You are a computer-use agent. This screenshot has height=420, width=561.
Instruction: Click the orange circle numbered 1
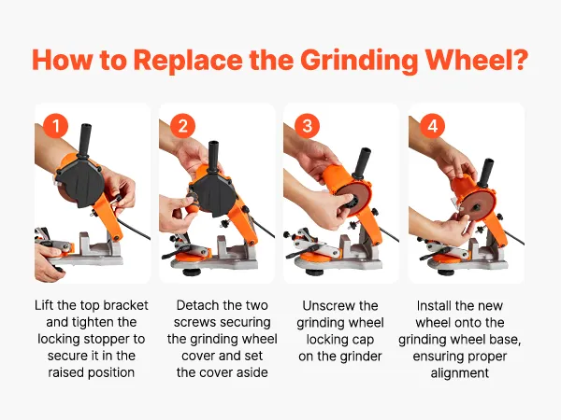tap(55, 126)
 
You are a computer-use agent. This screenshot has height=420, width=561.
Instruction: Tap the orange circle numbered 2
tap(182, 126)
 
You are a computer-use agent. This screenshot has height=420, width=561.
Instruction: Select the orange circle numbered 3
tap(308, 126)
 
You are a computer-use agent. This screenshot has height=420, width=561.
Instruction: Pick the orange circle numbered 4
tap(432, 126)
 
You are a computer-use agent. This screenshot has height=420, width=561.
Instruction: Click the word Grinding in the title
tap(359, 61)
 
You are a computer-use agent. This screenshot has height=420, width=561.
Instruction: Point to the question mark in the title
tap(520, 59)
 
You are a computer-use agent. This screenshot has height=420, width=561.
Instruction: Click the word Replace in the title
tap(188, 61)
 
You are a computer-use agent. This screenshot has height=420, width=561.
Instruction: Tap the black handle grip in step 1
tap(86, 140)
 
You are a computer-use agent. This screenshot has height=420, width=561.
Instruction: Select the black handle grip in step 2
tap(213, 153)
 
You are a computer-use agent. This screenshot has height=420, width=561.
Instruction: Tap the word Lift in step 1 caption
tap(44, 305)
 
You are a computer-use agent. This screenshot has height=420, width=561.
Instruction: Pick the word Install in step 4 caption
tap(432, 306)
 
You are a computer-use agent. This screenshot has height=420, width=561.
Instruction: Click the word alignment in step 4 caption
tap(460, 373)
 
